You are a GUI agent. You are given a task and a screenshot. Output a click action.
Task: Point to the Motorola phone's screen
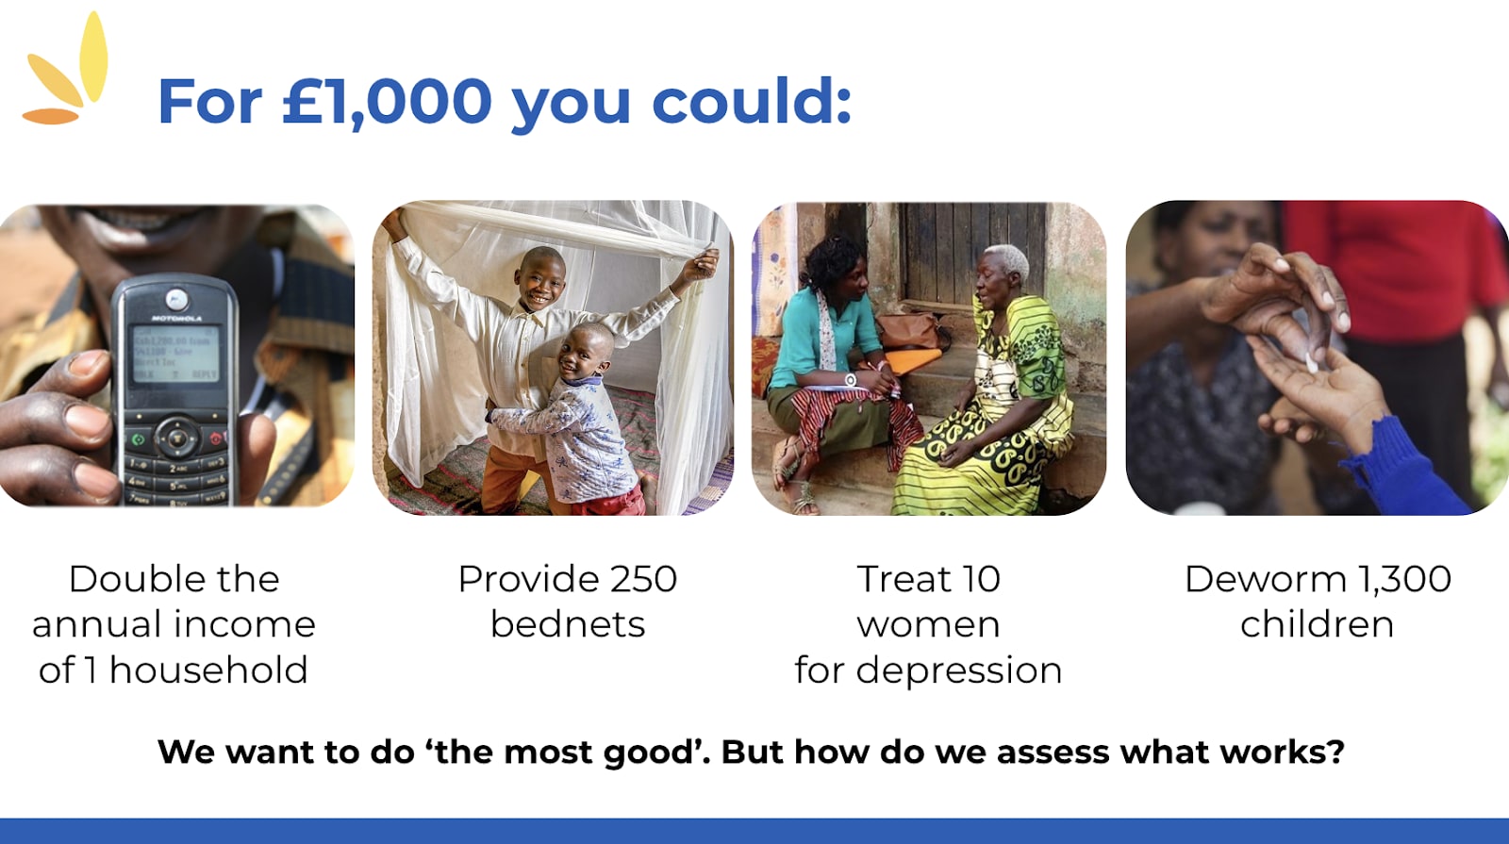tap(175, 354)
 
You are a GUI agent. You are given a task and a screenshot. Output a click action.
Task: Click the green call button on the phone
tap(139, 439)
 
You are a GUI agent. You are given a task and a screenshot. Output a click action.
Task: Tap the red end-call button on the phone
tap(216, 439)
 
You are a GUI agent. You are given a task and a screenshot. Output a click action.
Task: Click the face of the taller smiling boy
tap(541, 279)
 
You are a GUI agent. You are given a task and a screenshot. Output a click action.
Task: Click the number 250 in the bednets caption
tap(643, 579)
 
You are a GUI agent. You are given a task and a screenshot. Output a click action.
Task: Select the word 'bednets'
tap(568, 623)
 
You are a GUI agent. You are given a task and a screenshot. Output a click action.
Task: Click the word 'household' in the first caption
tap(208, 670)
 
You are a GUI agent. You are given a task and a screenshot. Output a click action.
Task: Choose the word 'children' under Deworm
tap(1317, 623)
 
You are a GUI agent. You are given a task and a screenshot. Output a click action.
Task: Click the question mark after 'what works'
tap(1335, 752)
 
